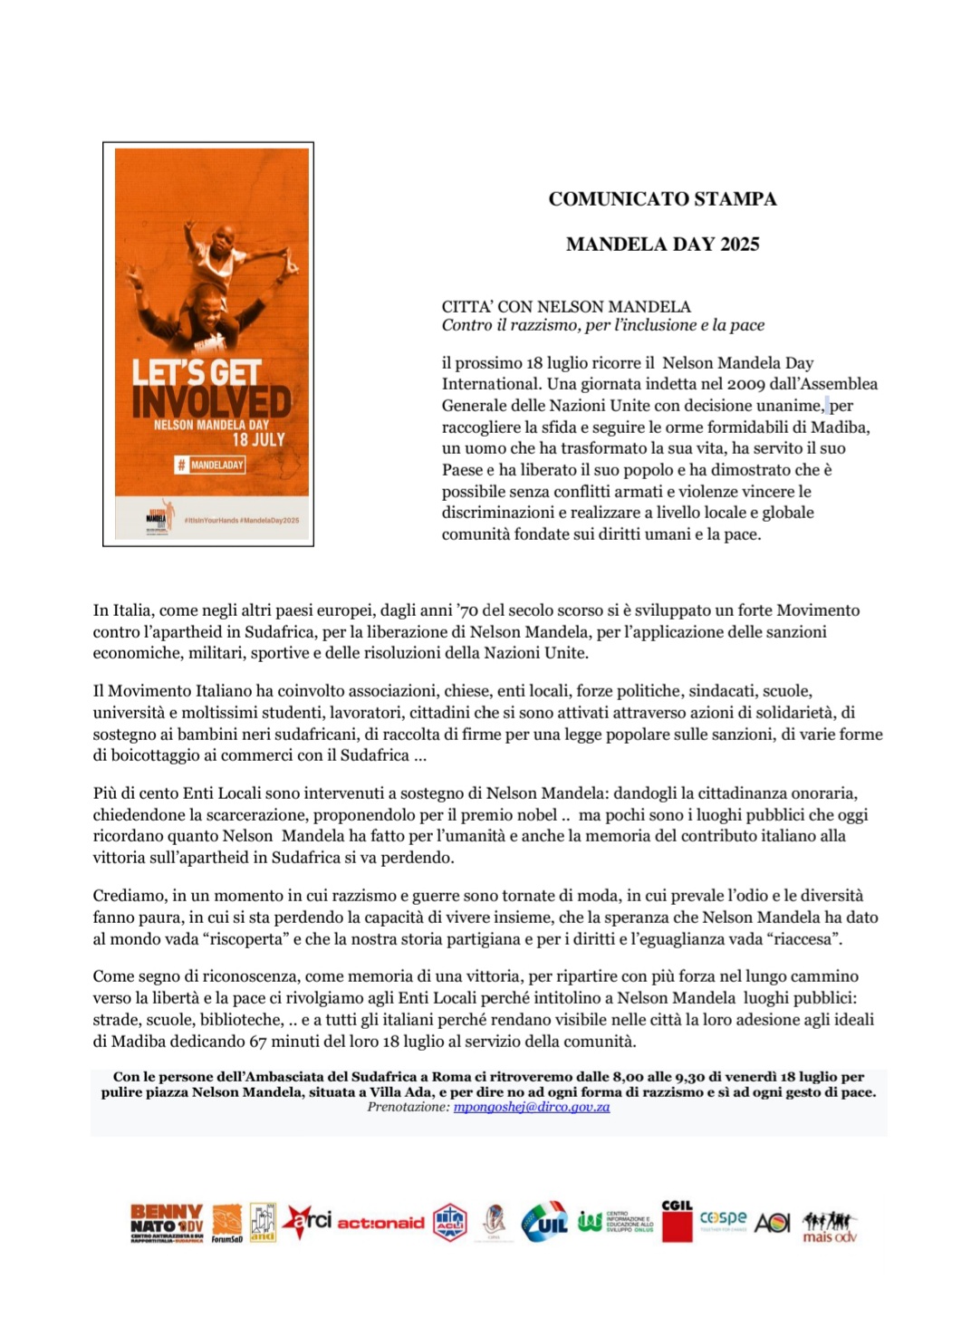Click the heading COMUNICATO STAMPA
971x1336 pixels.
pyautogui.click(x=662, y=199)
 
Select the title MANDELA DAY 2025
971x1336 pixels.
pyautogui.click(x=662, y=245)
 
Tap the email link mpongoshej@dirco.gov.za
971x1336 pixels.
pyautogui.click(x=532, y=1107)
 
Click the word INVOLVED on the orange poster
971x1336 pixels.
pyautogui.click(x=211, y=402)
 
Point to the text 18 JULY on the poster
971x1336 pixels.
pyautogui.click(x=258, y=440)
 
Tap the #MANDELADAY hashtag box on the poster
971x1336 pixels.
pyautogui.click(x=210, y=465)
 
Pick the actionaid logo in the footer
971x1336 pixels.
pyautogui.click(x=380, y=1223)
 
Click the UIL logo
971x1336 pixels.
pyautogui.click(x=544, y=1223)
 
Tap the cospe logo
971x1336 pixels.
pyautogui.click(x=723, y=1219)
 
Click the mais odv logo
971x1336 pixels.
pyautogui.click(x=829, y=1226)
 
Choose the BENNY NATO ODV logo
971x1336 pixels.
pyautogui.click(x=167, y=1222)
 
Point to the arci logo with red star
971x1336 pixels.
pyautogui.click(x=307, y=1221)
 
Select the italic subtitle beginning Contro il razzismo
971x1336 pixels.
pyautogui.click(x=603, y=325)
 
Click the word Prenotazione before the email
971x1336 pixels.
pyautogui.click(x=408, y=1107)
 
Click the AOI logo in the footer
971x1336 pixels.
pyautogui.click(x=772, y=1223)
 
